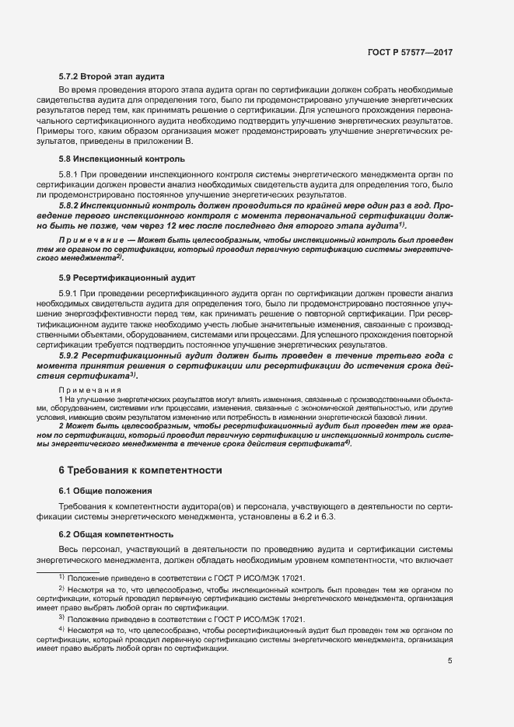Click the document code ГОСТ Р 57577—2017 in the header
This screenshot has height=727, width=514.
click(410, 52)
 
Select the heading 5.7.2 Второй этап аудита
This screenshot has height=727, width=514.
click(110, 78)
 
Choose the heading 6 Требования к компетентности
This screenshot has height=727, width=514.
click(130, 470)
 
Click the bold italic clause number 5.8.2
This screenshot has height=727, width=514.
click(72, 204)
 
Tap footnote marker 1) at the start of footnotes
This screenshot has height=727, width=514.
click(61, 578)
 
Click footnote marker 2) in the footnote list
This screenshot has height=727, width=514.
click(61, 589)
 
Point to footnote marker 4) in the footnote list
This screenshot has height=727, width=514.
click(61, 627)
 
